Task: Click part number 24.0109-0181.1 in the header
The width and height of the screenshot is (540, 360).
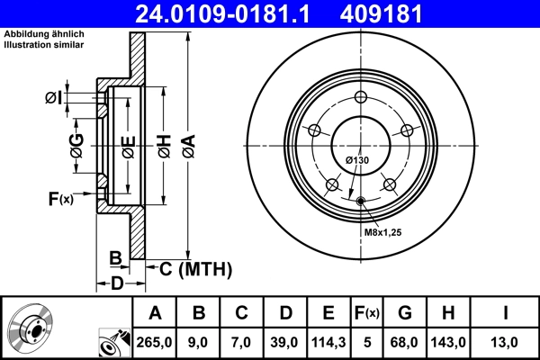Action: [231, 14]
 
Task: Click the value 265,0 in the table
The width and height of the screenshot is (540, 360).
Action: [155, 341]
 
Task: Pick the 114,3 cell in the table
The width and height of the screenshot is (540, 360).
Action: [328, 341]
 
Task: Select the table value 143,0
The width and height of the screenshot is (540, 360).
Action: [450, 341]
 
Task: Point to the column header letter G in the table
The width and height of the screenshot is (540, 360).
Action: [406, 313]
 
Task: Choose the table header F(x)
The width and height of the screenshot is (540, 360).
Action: [368, 313]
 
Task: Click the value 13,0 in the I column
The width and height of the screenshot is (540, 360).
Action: [506, 341]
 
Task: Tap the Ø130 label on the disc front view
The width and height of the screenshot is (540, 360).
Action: [357, 160]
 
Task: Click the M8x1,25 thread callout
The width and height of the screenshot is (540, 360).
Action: [382, 232]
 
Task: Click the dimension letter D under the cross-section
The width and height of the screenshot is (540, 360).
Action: [116, 284]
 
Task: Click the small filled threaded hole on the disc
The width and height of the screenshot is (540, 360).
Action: [361, 201]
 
